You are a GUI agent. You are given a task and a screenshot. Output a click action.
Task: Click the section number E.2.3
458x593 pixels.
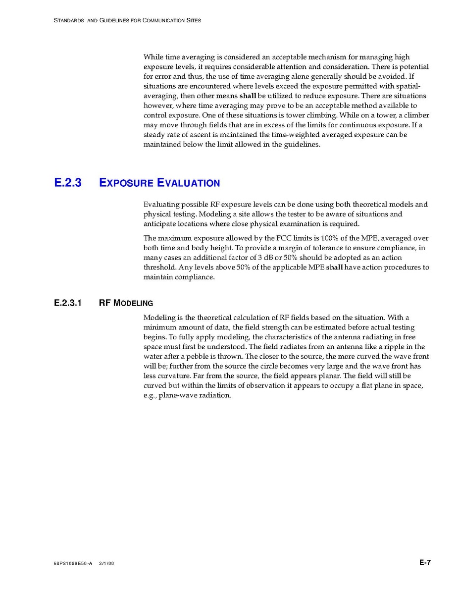click(x=67, y=182)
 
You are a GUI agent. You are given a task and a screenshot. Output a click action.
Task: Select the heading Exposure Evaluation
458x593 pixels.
click(x=159, y=183)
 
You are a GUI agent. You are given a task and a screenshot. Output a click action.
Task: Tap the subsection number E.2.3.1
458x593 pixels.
click(x=68, y=302)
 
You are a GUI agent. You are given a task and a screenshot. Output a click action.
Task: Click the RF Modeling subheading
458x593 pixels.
click(x=126, y=302)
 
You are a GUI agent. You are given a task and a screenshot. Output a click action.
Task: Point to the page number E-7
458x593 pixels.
click(x=425, y=562)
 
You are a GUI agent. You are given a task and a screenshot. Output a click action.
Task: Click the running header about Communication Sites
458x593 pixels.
click(x=127, y=21)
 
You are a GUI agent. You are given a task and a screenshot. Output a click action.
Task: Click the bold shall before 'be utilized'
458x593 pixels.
click(x=248, y=96)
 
